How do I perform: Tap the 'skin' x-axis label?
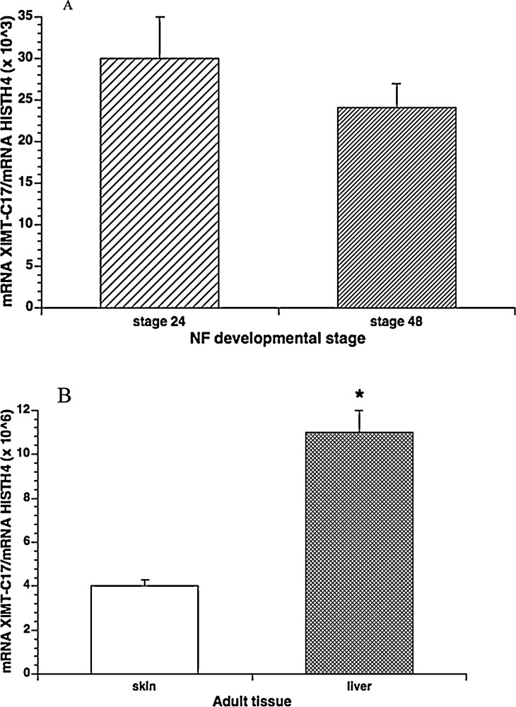coord(144,685)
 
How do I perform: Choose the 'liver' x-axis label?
coord(358,685)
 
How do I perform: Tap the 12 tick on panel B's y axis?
coord(27,409)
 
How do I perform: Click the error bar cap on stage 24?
coord(160,16)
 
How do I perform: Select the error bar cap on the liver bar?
coord(359,410)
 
